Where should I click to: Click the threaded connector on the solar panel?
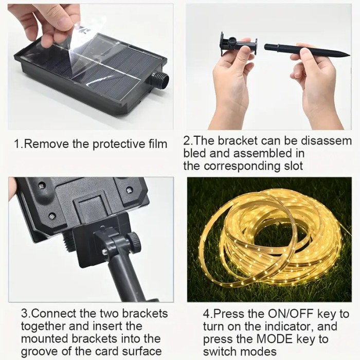pyautogui.click(x=160, y=80)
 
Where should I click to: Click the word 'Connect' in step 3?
pyautogui.click(x=54, y=313)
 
